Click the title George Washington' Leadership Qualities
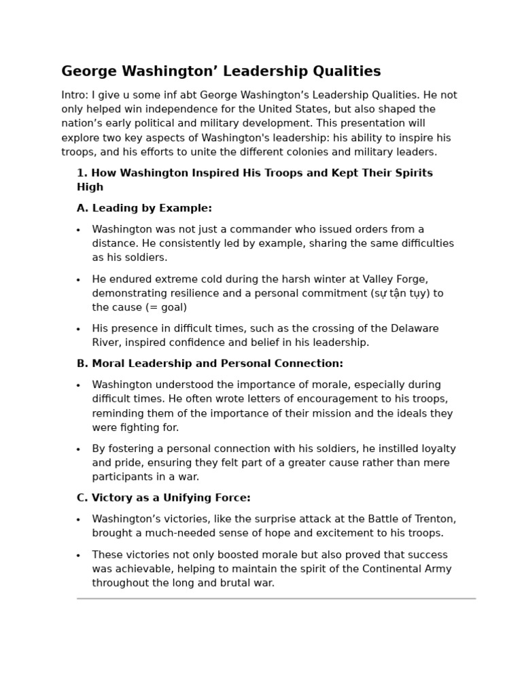(x=221, y=71)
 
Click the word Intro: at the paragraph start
(x=75, y=95)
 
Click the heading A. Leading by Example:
(x=144, y=209)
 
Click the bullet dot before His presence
(x=78, y=330)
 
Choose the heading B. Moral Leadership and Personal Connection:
(x=209, y=364)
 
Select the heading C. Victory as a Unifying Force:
(x=163, y=498)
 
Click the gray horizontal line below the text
(x=276, y=599)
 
